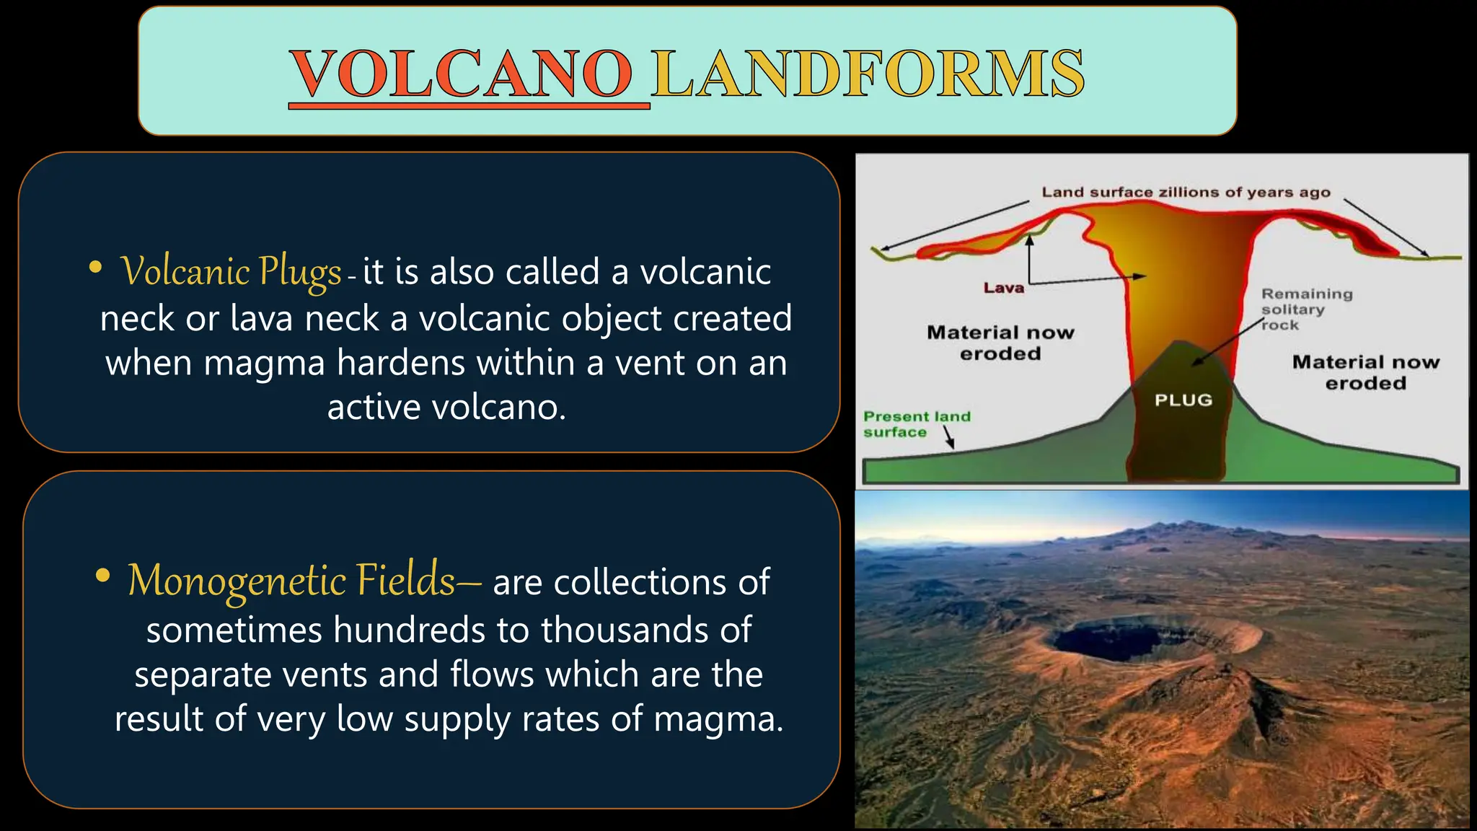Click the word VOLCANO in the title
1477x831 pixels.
(x=462, y=74)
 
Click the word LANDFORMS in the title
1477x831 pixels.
(x=868, y=74)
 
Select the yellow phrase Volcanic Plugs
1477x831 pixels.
(x=231, y=272)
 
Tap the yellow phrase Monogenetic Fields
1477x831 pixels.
(x=291, y=581)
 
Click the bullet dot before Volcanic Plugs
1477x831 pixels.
(x=95, y=268)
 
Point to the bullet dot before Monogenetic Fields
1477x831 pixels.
(x=103, y=576)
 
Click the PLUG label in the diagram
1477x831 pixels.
(x=1183, y=400)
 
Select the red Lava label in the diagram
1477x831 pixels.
(x=1003, y=288)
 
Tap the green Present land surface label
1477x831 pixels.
(x=916, y=424)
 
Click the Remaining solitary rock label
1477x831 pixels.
(x=1305, y=309)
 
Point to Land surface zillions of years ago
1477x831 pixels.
(x=1185, y=192)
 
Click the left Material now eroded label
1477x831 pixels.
(x=1000, y=343)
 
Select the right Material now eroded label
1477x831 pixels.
(x=1365, y=372)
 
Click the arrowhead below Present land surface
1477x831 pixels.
(x=951, y=446)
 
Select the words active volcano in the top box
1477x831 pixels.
(x=446, y=408)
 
